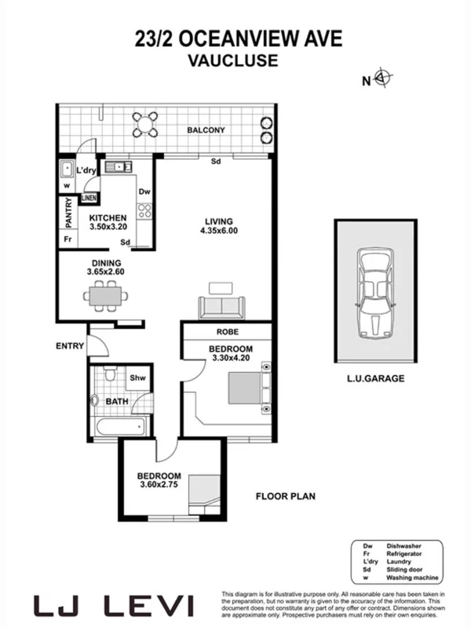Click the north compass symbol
(383, 78)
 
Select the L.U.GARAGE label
(375, 378)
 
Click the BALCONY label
(206, 130)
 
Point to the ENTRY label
(70, 345)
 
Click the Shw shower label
(138, 379)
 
